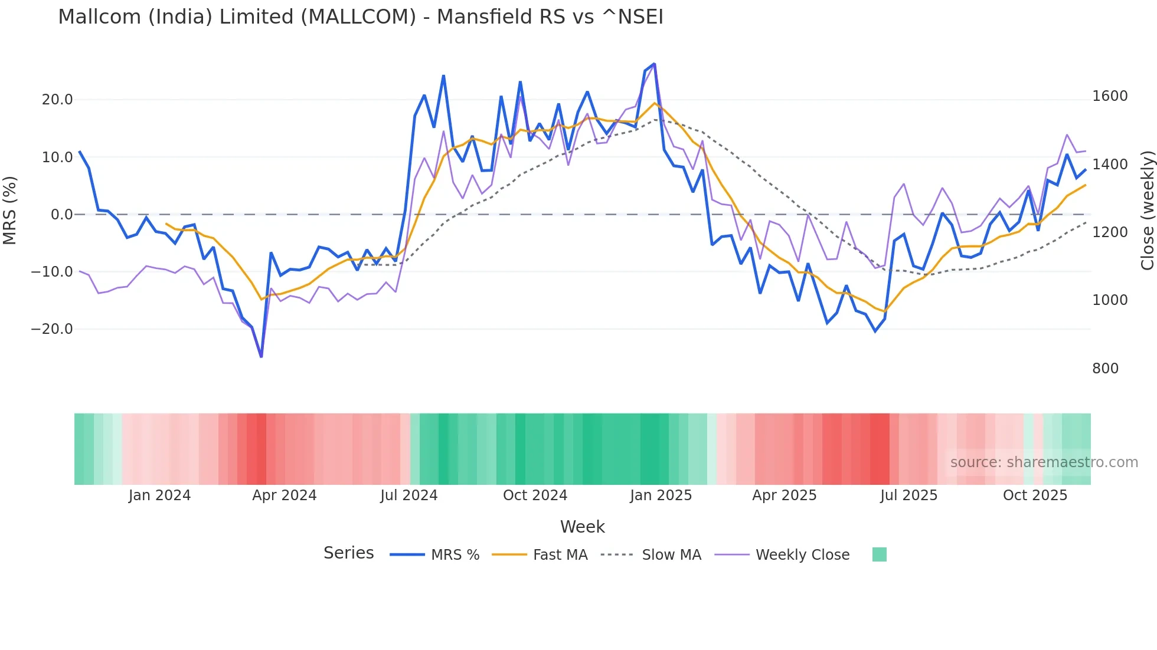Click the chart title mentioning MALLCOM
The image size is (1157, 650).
(x=361, y=17)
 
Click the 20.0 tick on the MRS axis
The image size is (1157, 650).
(x=57, y=100)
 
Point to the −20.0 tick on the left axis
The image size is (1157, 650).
(x=52, y=329)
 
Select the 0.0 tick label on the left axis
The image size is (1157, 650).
(x=61, y=215)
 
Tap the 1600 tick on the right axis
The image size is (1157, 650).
(x=1110, y=96)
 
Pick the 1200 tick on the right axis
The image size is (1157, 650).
(x=1110, y=232)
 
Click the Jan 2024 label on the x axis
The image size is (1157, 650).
(x=159, y=495)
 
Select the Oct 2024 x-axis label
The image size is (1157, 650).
(x=535, y=495)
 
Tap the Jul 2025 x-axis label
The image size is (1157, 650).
(x=908, y=495)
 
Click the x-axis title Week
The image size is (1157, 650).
(x=582, y=527)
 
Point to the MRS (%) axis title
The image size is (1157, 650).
(x=10, y=211)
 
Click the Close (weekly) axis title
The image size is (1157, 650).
(x=1147, y=211)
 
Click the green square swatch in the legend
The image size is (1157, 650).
(x=879, y=554)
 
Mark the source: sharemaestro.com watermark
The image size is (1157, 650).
(x=1044, y=462)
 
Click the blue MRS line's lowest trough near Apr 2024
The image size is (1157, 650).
(x=262, y=356)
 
